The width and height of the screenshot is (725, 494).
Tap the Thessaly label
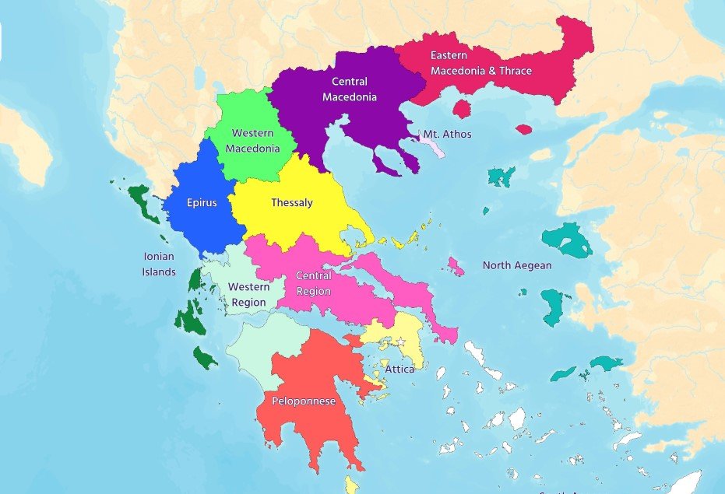(292, 203)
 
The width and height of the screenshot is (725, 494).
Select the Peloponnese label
(304, 401)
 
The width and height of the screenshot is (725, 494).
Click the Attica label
(399, 369)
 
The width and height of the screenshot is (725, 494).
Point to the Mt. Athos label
(447, 134)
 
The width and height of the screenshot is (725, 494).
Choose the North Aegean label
(517, 265)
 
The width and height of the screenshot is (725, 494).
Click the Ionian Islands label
(159, 264)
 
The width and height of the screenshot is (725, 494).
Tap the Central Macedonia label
(354, 89)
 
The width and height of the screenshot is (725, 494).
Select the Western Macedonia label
(252, 141)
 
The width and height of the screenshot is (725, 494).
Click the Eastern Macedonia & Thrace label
(481, 63)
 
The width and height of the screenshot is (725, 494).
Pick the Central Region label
(314, 283)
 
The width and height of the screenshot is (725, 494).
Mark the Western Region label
(248, 294)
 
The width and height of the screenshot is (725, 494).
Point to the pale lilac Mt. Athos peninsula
(433, 145)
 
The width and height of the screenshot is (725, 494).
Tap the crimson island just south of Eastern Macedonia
(462, 108)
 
